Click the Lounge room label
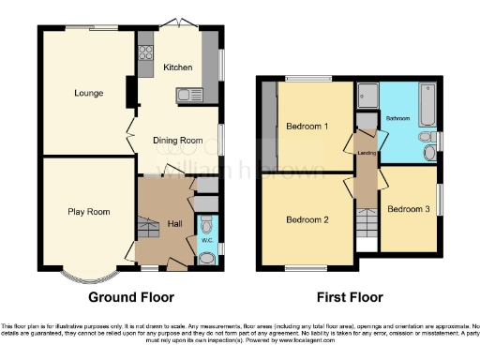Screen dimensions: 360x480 pos(89,93)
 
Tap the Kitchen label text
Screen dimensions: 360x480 pos(178,67)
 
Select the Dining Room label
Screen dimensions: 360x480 pos(178,141)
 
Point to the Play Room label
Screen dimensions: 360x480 pos(89,212)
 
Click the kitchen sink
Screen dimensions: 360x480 pos(196,92)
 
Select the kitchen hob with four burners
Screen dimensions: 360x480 pos(145,55)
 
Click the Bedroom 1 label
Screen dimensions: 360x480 pos(307,127)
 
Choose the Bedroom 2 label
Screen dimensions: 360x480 pos(307,220)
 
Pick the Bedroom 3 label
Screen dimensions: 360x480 pos(409,208)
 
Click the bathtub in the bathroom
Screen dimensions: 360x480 pos(427,106)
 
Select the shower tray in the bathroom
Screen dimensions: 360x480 pos(367,95)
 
